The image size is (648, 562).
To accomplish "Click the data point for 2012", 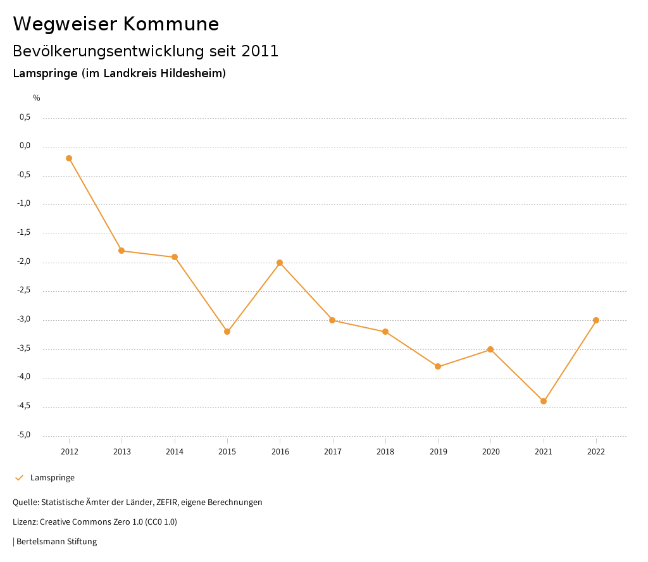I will [69, 158].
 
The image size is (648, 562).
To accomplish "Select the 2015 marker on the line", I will [227, 332].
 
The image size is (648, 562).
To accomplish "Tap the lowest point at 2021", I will [544, 401].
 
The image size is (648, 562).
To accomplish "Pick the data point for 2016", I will [280, 263].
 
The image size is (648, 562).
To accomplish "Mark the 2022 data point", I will [596, 320].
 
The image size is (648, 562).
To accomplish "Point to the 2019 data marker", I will [438, 366].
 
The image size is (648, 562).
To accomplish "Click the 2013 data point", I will [121, 251].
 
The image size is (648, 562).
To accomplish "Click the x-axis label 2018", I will [385, 452].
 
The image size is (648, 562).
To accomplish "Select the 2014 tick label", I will [175, 452].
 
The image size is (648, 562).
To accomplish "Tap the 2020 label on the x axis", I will [491, 452].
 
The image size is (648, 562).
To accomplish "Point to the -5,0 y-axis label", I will [25, 435].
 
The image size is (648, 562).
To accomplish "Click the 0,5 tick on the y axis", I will [25, 117].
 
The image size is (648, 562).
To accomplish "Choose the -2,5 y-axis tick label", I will [25, 290].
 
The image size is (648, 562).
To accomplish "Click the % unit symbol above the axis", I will [37, 98].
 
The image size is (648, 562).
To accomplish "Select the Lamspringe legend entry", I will [53, 478].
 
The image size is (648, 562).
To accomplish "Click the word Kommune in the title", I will [171, 24].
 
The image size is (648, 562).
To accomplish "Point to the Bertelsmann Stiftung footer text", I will [56, 542].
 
